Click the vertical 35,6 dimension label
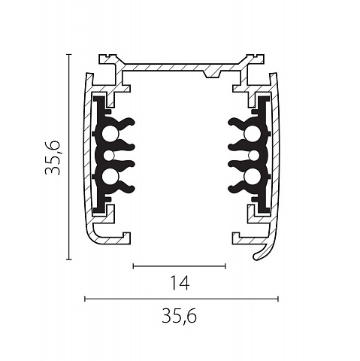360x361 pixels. click(53, 157)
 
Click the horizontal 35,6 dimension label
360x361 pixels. click(179, 317)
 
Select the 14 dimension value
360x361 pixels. click(180, 283)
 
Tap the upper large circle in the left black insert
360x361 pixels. click(110, 133)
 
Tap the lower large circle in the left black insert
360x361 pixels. click(110, 175)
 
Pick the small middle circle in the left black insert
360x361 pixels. click(109, 156)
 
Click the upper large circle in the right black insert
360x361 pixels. click(252, 133)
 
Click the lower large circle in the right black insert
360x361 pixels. click(252, 175)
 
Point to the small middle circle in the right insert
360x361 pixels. click(253, 156)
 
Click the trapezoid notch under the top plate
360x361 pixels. click(211, 74)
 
